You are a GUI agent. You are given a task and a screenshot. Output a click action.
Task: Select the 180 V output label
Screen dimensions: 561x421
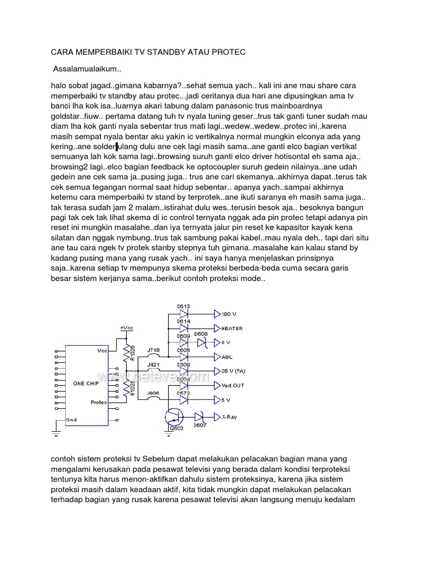[229, 314]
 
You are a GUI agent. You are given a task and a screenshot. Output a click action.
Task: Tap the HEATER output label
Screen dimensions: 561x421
[233, 328]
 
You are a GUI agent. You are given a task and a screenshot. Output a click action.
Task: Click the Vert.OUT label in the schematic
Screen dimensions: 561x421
[233, 386]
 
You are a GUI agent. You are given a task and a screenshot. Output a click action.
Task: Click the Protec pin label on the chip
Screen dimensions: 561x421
[100, 402]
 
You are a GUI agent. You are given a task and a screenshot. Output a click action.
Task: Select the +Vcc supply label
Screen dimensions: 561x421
[127, 327]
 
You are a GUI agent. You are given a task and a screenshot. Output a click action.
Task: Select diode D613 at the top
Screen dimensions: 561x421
[184, 314]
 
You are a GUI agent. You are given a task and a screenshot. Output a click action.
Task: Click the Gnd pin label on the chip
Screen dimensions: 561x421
[71, 420]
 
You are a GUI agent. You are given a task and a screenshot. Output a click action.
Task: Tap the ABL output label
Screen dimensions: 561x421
[227, 356]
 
